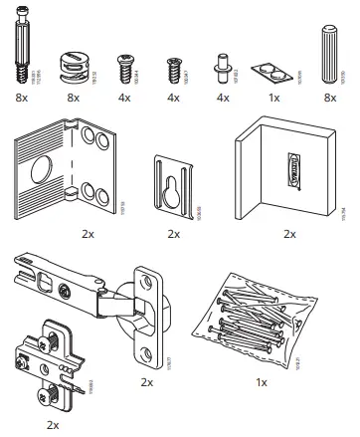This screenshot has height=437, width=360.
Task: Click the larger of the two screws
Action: (126, 71)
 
